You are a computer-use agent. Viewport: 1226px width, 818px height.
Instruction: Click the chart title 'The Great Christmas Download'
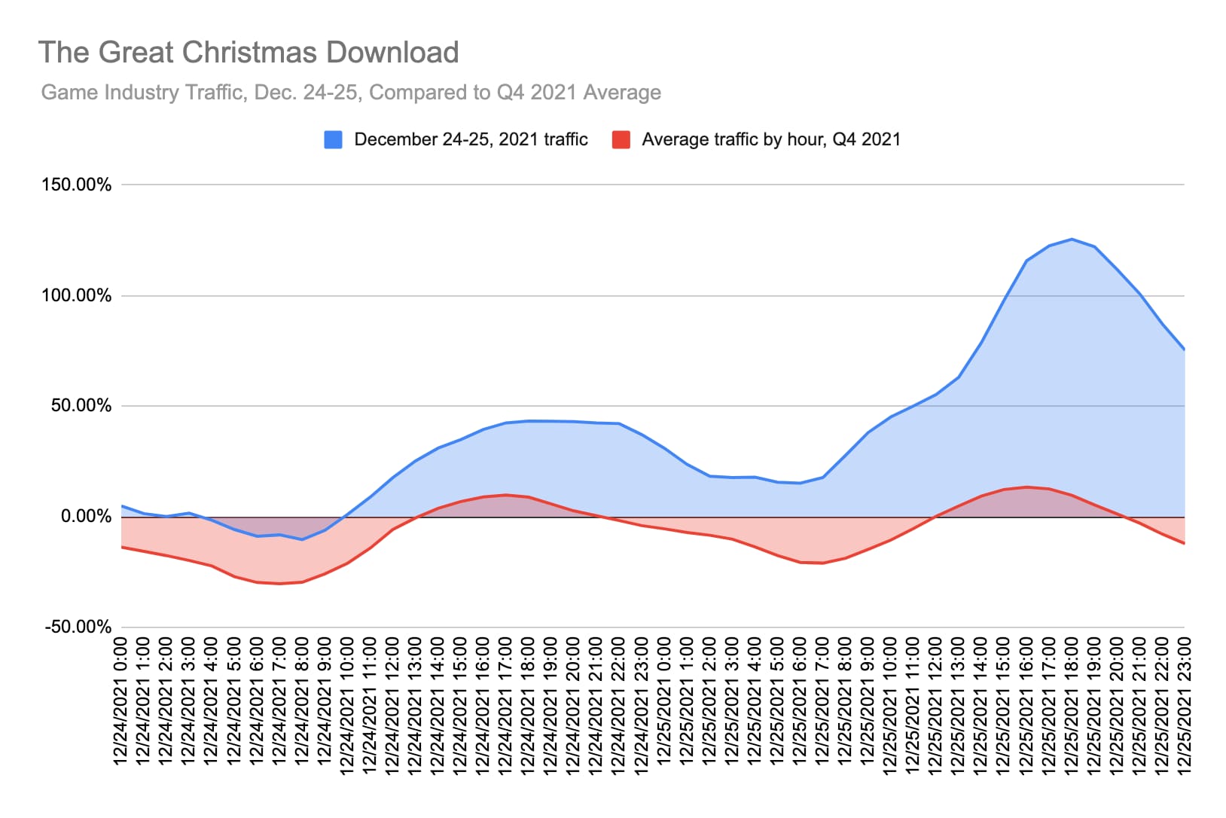tap(249, 53)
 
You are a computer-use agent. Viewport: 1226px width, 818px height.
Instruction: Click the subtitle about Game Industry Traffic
tap(351, 93)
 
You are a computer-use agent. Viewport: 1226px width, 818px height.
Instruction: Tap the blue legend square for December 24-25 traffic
tap(333, 139)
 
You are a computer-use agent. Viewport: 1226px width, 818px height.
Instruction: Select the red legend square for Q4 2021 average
tap(621, 139)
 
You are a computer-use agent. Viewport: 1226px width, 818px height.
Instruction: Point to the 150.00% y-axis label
tap(76, 185)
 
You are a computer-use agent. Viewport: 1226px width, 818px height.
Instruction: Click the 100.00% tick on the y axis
tap(76, 295)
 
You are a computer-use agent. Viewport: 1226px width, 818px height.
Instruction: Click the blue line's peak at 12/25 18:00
tap(1071, 239)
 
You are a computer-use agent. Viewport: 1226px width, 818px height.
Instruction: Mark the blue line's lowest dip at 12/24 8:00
tap(302, 539)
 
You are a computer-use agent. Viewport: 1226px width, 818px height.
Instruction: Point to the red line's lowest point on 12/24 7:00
tap(279, 584)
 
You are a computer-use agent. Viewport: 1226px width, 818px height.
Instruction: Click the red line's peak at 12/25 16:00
tap(1026, 487)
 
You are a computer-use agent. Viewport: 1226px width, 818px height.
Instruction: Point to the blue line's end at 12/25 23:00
tap(1184, 349)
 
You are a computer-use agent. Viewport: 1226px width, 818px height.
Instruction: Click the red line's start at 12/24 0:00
tap(122, 547)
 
